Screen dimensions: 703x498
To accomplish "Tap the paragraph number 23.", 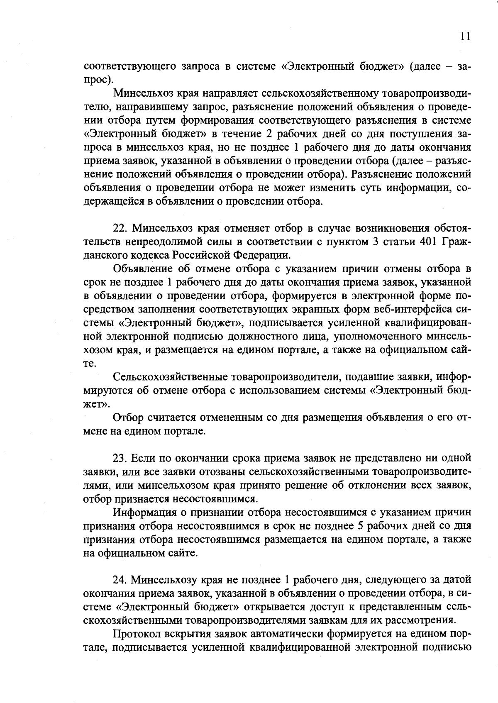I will pyautogui.click(x=120, y=458).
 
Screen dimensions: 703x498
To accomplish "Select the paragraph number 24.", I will pyautogui.click(x=120, y=579).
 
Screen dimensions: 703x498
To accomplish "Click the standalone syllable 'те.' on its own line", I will pyautogui.click(x=90, y=364).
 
